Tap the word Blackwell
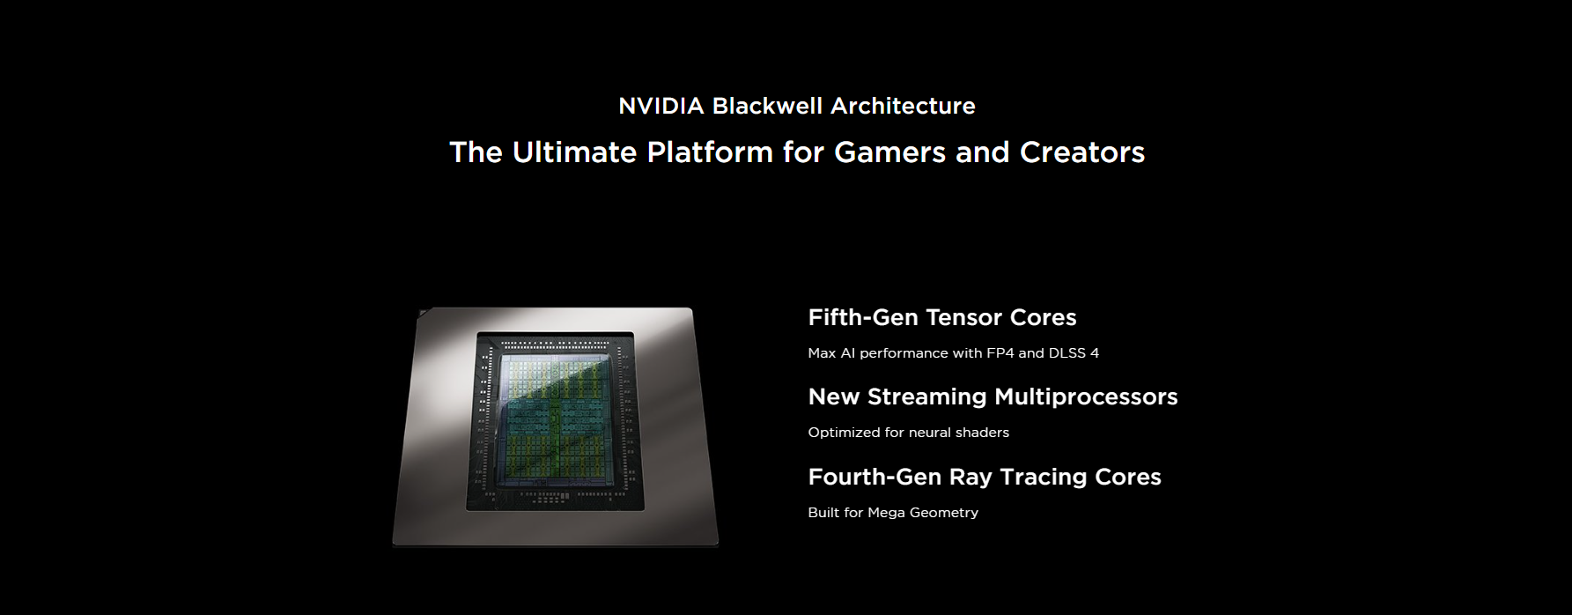click(767, 107)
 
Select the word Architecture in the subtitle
click(903, 107)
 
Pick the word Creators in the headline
click(1082, 152)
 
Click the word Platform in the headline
click(710, 152)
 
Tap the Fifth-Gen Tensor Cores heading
click(942, 317)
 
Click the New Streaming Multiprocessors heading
click(993, 396)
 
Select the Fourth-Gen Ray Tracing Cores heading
click(985, 477)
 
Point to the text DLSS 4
click(1074, 353)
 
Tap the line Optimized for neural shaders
click(909, 433)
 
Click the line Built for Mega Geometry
click(893, 513)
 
